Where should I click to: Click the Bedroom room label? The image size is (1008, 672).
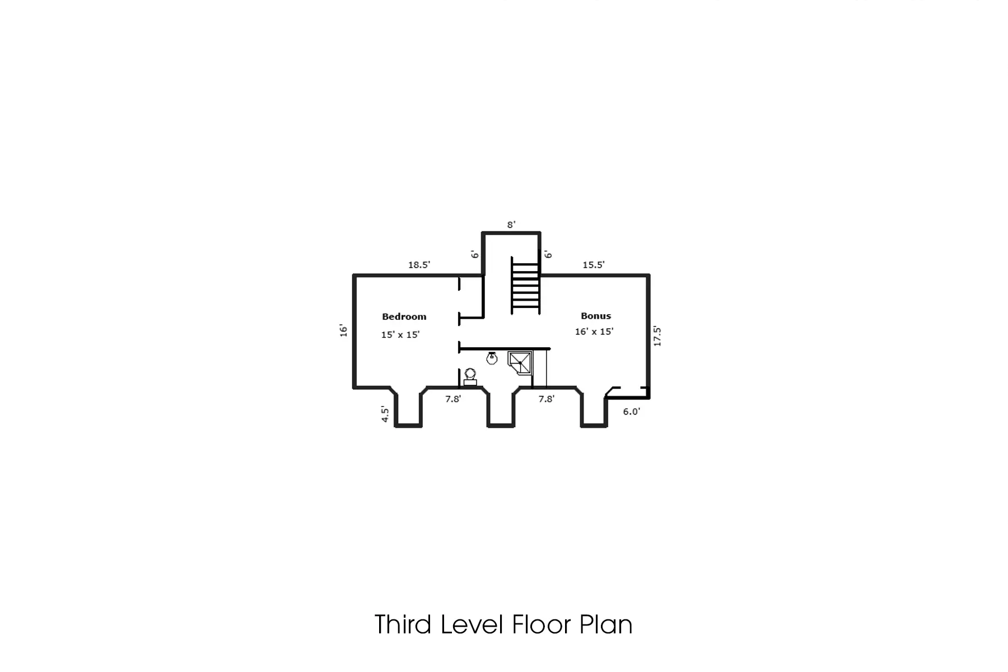coord(404,317)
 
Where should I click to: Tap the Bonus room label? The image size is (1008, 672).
coord(595,316)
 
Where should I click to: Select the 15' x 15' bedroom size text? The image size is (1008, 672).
coord(400,335)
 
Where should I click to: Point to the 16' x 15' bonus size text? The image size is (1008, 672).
coord(594,332)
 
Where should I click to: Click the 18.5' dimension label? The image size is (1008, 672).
coord(419,265)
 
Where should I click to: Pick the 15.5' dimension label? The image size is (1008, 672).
coord(593,265)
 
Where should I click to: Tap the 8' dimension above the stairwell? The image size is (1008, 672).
coord(511,225)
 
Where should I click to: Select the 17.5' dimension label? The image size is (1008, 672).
coord(657,336)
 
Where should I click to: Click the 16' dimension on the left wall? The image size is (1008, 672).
coord(343,330)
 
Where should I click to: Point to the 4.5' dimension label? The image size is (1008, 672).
coord(385,414)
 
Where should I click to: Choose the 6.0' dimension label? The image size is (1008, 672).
coord(631,412)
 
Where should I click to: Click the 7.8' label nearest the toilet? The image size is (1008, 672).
coord(453,399)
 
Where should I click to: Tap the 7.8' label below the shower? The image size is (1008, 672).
coord(546,399)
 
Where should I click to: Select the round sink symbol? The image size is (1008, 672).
coord(492,358)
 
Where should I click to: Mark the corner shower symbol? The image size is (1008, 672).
coord(520,362)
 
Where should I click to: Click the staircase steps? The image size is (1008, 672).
coord(526,286)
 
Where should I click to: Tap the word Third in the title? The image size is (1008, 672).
coord(403,625)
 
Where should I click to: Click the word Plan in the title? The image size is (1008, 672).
coord(605,625)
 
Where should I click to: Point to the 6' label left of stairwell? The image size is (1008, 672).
coord(475,254)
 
